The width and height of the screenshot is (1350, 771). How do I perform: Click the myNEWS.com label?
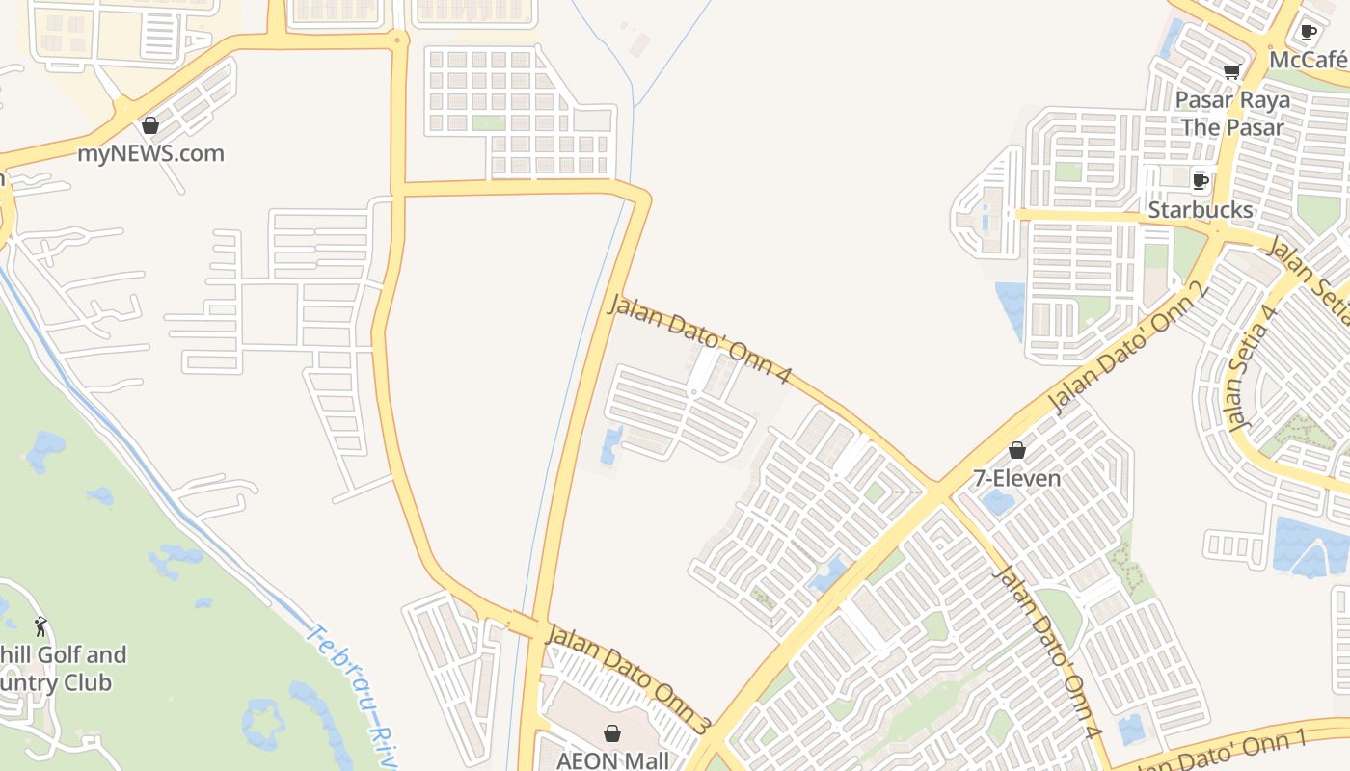click(150, 153)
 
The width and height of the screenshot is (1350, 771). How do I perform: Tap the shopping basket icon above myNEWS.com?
click(149, 125)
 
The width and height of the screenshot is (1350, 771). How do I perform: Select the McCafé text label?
click(1308, 60)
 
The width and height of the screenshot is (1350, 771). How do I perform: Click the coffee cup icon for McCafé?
click(1308, 32)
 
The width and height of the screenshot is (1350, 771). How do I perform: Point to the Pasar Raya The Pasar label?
click(1232, 114)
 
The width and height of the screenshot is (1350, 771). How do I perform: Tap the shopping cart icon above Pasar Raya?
click(1231, 71)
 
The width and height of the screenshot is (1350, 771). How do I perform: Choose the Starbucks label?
click(1200, 209)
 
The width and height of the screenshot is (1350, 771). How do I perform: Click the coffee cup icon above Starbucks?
click(1200, 181)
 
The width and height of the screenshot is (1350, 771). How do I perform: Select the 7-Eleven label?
click(1016, 478)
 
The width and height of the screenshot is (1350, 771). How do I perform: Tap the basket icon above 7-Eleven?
click(1016, 450)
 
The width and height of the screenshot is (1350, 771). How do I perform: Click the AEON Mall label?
click(612, 760)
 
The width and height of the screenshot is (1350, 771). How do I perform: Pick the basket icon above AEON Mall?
click(611, 733)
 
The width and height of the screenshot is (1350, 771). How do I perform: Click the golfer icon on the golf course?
click(40, 626)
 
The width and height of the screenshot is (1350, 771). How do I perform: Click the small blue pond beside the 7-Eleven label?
click(998, 501)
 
